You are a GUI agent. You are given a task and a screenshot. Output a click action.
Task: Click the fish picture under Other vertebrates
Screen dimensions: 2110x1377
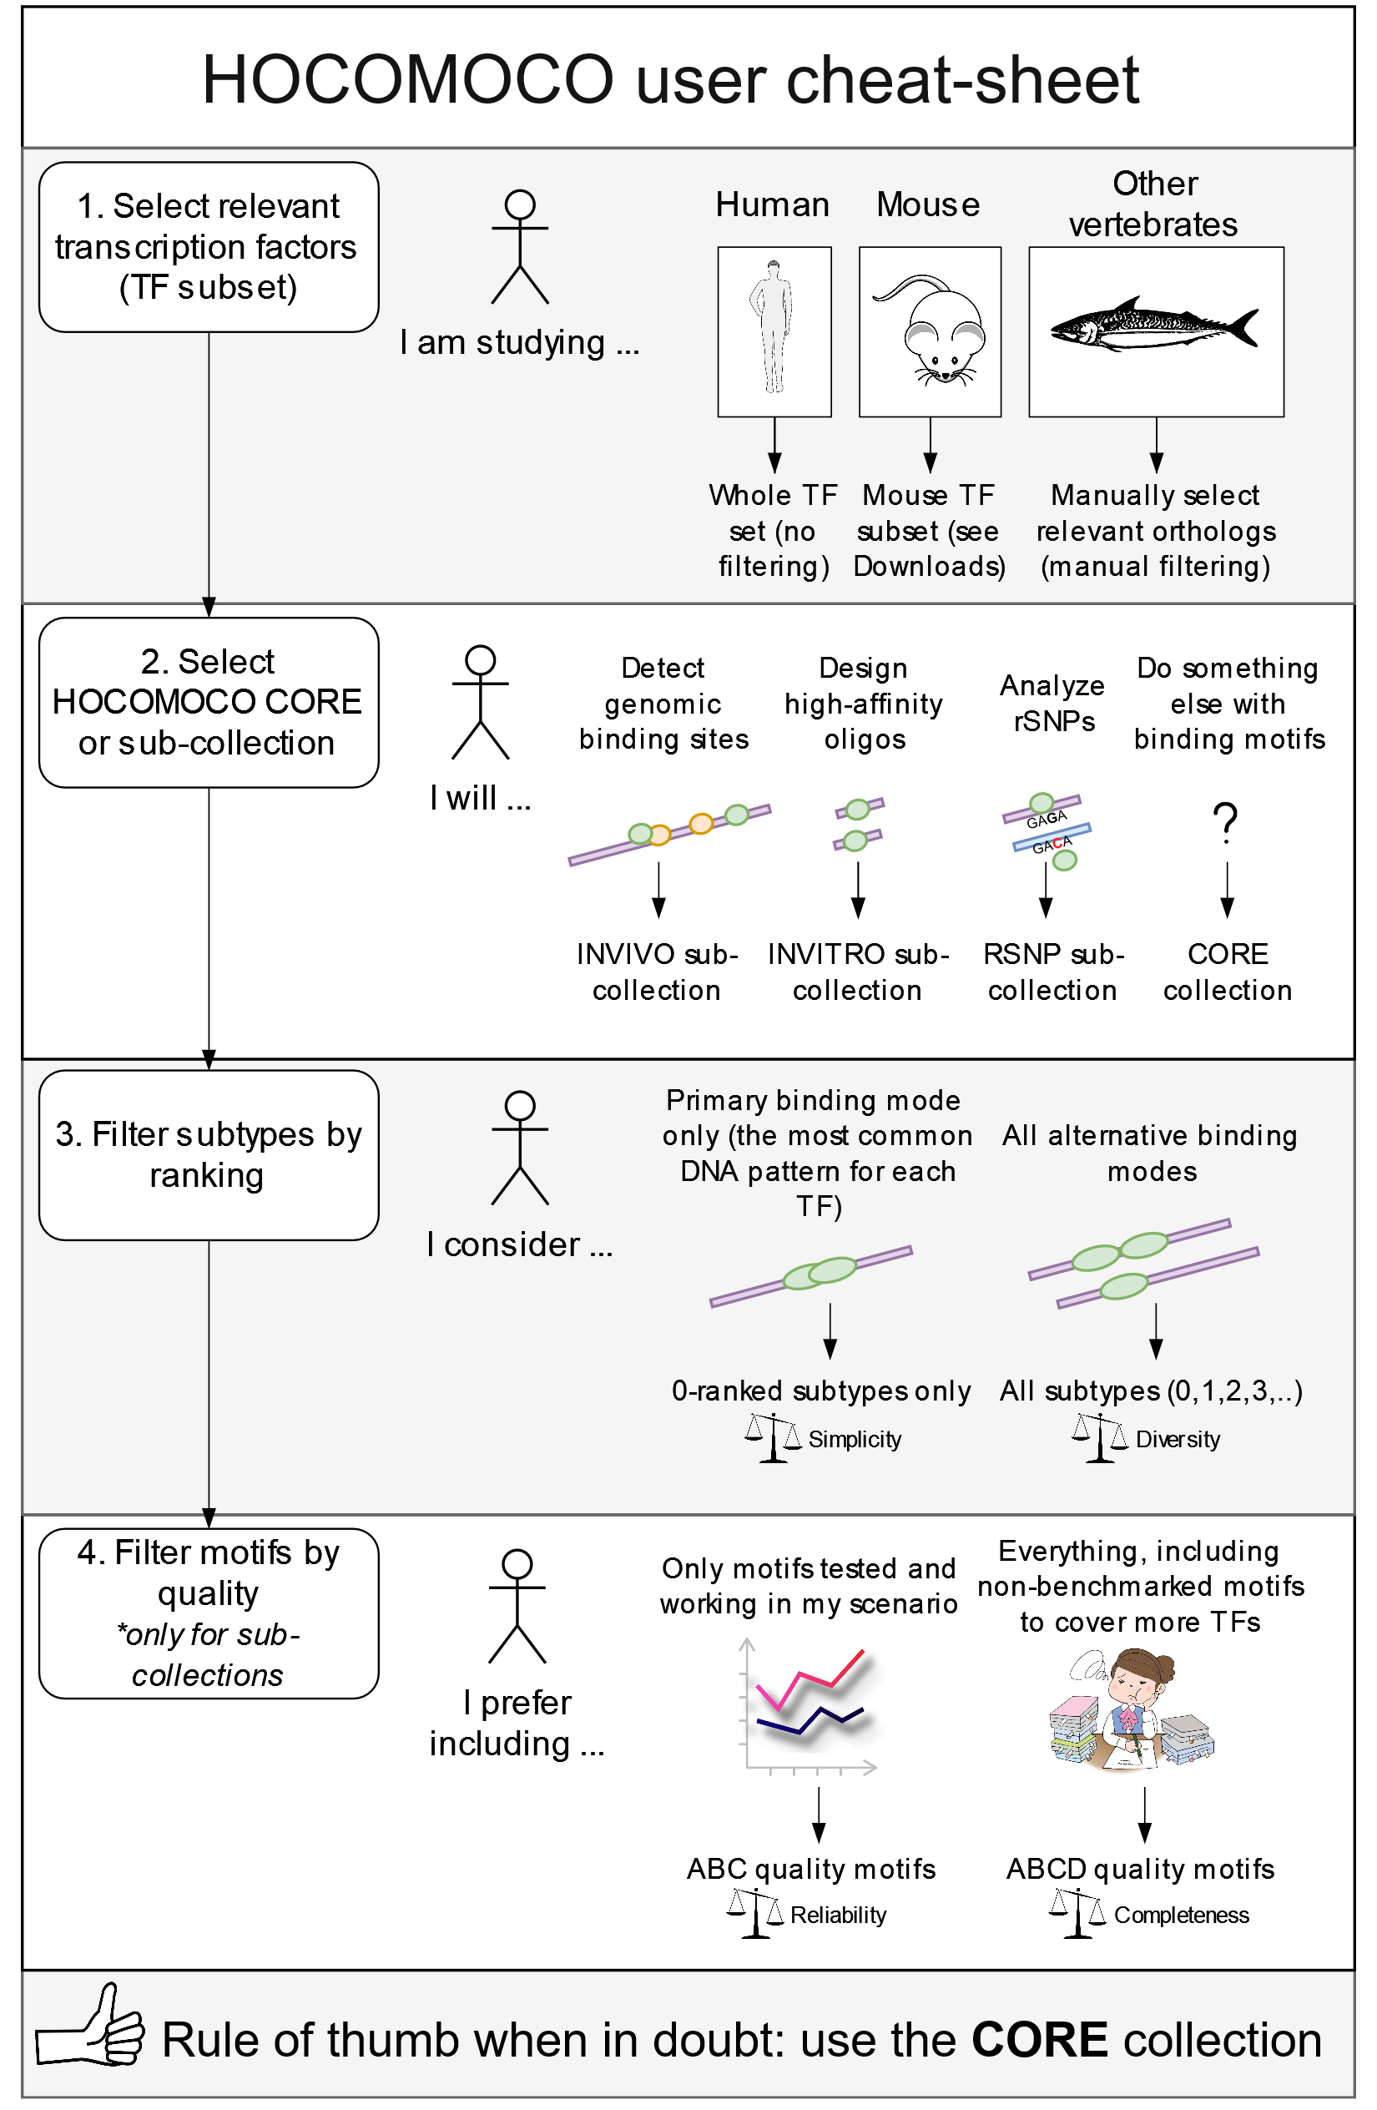[1153, 326]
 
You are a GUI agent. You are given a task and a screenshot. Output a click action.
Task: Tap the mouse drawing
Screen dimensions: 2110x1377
[929, 331]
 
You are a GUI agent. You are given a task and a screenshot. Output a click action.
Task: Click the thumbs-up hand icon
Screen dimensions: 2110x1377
[89, 2027]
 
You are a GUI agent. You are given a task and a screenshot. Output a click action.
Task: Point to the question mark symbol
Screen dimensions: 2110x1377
[1225, 822]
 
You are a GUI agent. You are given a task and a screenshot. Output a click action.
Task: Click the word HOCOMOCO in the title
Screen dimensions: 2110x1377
[408, 80]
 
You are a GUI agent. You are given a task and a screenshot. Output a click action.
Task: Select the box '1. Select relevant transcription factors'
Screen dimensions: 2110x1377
[209, 247]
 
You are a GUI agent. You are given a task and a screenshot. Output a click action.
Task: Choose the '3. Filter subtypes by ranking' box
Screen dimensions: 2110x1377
[209, 1154]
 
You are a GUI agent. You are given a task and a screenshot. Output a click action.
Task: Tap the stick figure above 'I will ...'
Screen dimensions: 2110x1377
[480, 702]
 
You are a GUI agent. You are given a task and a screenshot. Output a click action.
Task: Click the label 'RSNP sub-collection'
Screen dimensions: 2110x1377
[1052, 972]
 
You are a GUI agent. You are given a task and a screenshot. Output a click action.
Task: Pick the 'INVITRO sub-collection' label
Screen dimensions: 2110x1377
[857, 972]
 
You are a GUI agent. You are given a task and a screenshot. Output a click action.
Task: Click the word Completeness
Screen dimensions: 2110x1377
[1181, 1916]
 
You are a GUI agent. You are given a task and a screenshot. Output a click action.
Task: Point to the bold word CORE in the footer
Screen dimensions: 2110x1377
[1039, 2040]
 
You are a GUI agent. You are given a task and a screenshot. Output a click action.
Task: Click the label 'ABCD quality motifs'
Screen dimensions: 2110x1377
[1140, 1869]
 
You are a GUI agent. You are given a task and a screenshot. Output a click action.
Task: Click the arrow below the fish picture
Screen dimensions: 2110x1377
[1155, 445]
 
